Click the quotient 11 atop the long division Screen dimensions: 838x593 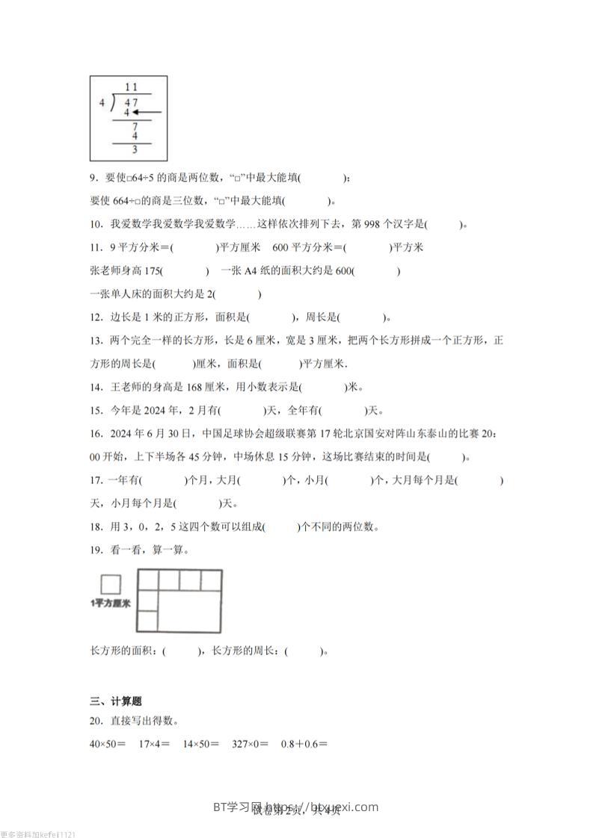132,88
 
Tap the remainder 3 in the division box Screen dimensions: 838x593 134,149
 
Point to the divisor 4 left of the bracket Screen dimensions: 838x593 102,103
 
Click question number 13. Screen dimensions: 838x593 95,341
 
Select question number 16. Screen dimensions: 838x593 95,433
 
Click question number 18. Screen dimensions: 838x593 95,527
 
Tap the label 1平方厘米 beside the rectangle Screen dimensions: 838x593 109,603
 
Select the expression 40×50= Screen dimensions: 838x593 108,744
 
